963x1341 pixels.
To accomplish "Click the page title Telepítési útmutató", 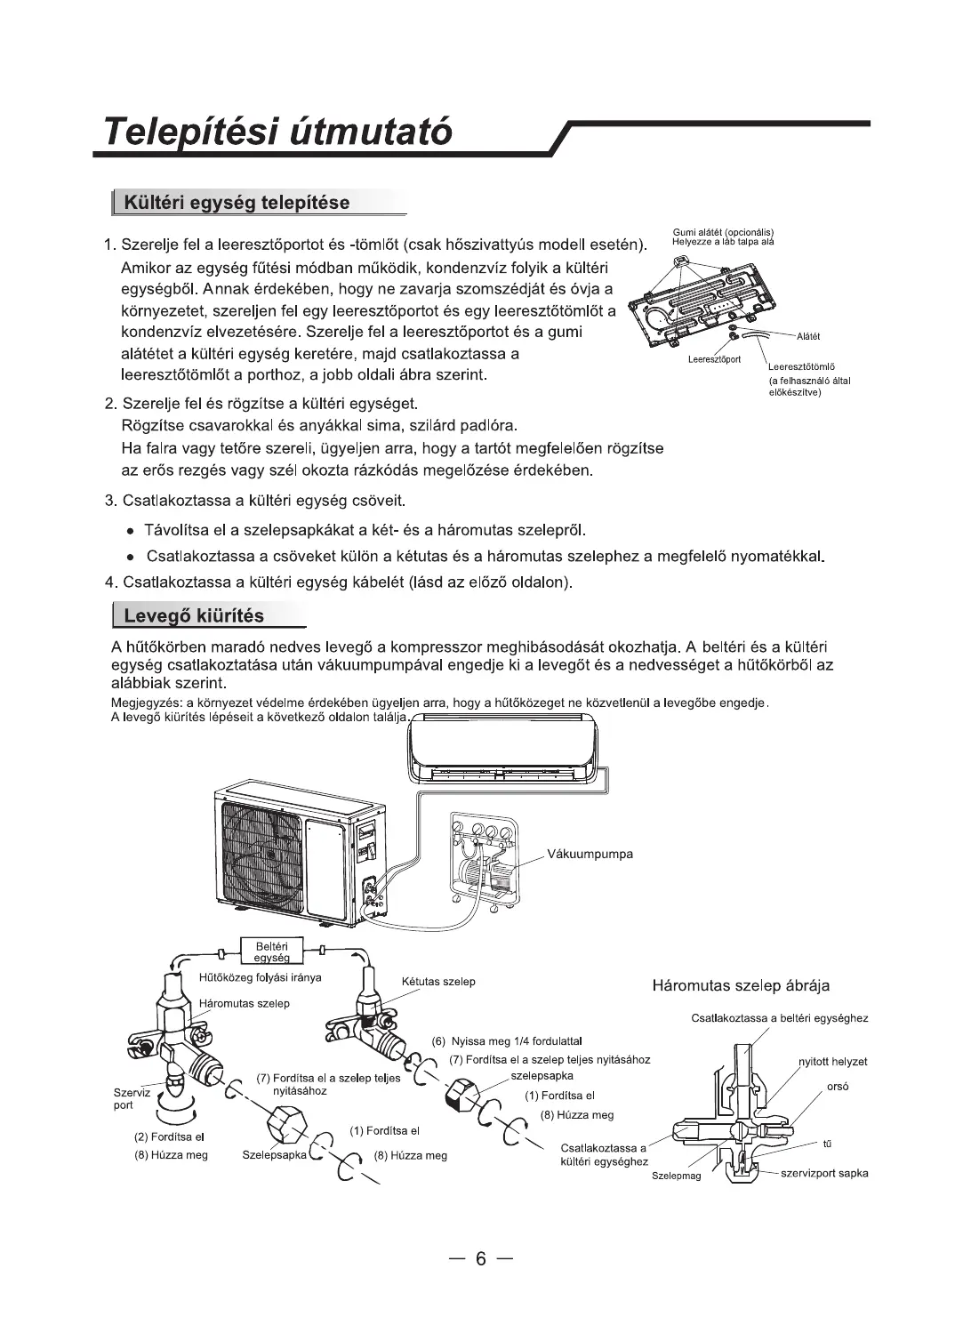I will coord(277,132).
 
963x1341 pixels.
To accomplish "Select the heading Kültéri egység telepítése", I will coord(237,202).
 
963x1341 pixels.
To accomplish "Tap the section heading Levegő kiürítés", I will coord(194,615).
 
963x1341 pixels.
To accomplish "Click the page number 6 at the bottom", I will coord(481,1258).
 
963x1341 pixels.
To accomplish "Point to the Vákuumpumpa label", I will coord(590,854).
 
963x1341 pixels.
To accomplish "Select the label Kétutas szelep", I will coord(438,981).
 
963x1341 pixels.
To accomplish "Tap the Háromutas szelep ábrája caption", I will coord(741,985).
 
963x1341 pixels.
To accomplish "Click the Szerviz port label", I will coord(132,1098).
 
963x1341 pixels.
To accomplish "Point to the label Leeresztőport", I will coord(715,359).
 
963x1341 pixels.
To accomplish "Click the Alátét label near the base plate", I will coord(808,336).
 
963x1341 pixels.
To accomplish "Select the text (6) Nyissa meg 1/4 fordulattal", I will coord(507,1040).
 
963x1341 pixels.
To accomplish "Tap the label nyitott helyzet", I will coord(832,1062).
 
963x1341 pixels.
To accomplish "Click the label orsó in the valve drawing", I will coord(838,1086).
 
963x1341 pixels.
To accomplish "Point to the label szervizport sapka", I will coord(824,1173).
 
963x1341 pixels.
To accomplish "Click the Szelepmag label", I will coord(676,1176).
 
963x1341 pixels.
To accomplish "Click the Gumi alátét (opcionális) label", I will coord(723,234).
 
